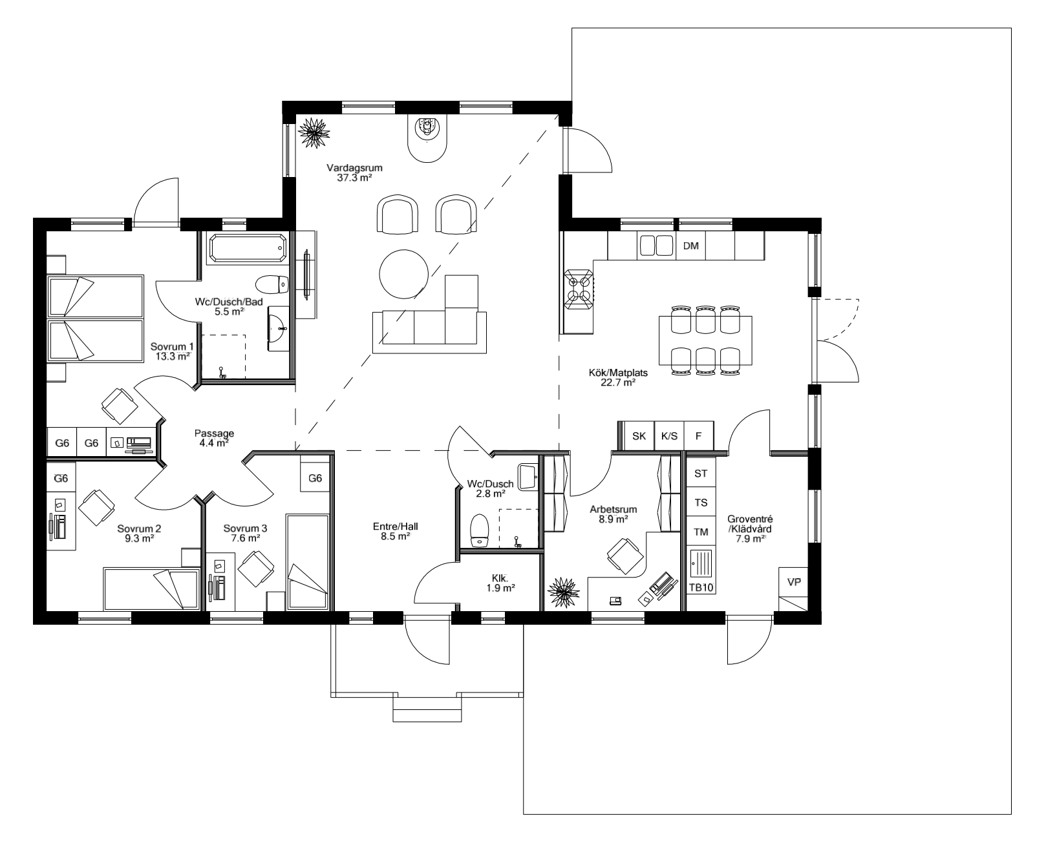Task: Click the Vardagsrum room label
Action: click(350, 168)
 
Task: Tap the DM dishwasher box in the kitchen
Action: click(691, 246)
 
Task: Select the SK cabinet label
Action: click(639, 436)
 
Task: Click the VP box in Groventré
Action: click(794, 582)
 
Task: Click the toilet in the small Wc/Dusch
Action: click(480, 531)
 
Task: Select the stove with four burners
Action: click(578, 288)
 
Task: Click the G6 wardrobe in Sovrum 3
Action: click(315, 479)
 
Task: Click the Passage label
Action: click(213, 433)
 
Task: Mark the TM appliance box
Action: click(700, 532)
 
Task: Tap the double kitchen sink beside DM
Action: click(656, 246)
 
